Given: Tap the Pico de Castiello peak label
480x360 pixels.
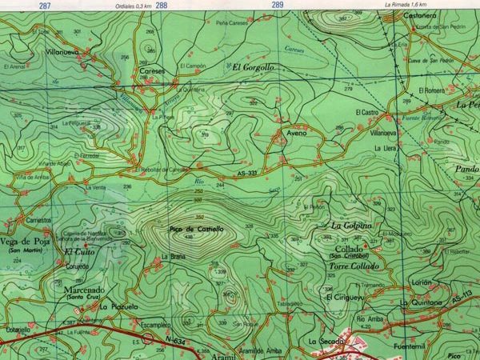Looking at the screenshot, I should point(196,230).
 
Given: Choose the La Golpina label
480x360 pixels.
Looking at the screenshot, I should point(352,226).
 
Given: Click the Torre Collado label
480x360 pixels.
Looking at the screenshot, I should point(351,266).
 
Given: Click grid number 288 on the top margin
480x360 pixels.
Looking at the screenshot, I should point(162,6).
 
